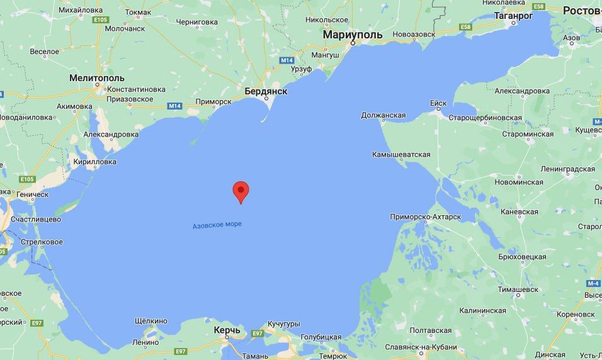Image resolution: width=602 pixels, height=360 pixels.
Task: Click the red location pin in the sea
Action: pyautogui.click(x=241, y=191)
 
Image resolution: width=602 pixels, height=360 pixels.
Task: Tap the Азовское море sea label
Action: pyautogui.click(x=217, y=225)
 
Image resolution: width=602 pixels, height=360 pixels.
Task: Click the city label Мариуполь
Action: pyautogui.click(x=353, y=35)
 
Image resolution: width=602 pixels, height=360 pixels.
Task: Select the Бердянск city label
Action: pyautogui.click(x=266, y=91)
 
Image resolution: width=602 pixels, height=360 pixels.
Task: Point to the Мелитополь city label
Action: pyautogui.click(x=96, y=77)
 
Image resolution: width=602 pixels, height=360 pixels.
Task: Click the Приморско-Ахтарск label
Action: pyautogui.click(x=426, y=217)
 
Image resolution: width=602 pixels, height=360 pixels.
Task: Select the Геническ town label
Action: pyautogui.click(x=31, y=194)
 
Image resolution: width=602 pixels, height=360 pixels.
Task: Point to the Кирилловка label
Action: pyautogui.click(x=95, y=162)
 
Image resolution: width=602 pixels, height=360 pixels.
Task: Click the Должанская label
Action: pyautogui.click(x=383, y=115)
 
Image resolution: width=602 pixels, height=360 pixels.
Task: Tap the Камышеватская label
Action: pyautogui.click(x=401, y=154)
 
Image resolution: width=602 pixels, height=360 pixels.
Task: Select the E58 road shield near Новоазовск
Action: pyautogui.click(x=466, y=27)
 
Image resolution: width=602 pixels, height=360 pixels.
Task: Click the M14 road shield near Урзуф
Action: pyautogui.click(x=287, y=60)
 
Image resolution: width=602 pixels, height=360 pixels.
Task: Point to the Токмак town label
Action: pyautogui.click(x=138, y=12)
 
